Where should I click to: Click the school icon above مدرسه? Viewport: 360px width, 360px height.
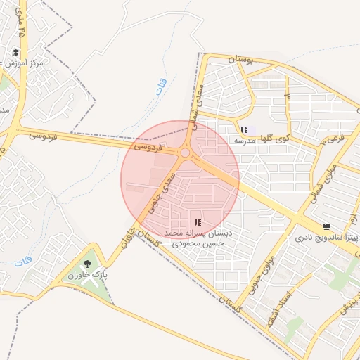[244, 129]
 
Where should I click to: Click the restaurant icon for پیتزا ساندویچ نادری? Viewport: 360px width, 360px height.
[326, 226]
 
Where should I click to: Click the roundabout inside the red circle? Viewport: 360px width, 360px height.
[185, 153]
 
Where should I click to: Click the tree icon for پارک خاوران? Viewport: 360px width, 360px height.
[87, 264]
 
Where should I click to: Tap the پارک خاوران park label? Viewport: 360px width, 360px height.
[87, 276]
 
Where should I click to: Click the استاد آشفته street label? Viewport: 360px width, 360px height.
[274, 311]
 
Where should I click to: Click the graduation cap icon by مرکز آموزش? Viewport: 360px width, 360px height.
[16, 52]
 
